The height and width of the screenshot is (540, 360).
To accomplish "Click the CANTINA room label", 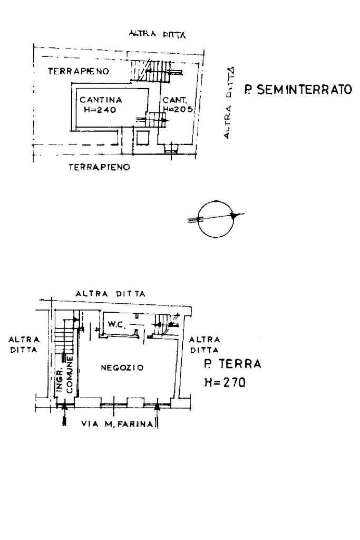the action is tap(101, 100).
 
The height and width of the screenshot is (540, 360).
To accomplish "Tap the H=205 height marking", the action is tap(177, 109).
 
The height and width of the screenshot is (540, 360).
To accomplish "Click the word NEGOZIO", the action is tap(122, 368).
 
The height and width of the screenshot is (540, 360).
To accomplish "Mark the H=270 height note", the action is tap(225, 383).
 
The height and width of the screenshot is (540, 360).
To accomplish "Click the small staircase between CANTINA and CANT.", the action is tap(155, 120).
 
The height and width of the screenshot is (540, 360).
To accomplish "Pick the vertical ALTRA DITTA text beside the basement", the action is tap(230, 103).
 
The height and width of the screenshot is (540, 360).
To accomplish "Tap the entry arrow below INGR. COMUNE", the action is tap(64, 414).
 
